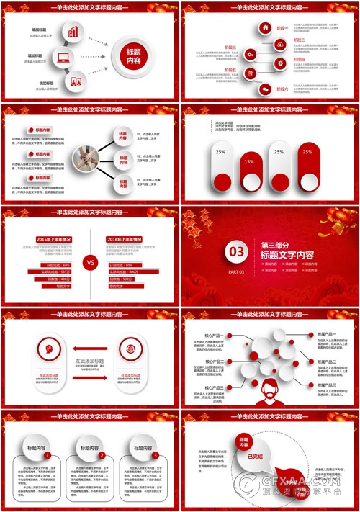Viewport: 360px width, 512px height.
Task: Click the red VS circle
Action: click(x=91, y=262)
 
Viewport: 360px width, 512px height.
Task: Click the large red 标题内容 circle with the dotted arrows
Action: click(x=133, y=57)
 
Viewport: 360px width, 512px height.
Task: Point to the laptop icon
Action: click(x=63, y=58)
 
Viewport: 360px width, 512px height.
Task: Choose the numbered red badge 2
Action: click(x=102, y=455)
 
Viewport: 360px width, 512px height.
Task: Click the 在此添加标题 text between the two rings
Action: click(x=89, y=361)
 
